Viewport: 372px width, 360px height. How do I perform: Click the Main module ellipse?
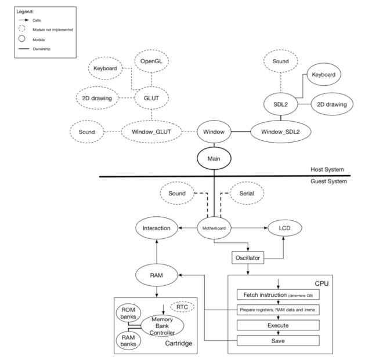pyautogui.click(x=214, y=157)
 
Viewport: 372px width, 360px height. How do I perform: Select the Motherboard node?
pyautogui.click(x=214, y=228)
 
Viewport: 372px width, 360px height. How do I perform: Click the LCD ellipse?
pyautogui.click(x=284, y=228)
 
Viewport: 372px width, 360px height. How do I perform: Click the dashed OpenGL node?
pyautogui.click(x=152, y=61)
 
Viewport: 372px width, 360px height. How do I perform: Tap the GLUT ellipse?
pyautogui.click(x=152, y=99)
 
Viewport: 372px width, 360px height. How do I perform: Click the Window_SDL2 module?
pyautogui.click(x=280, y=132)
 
